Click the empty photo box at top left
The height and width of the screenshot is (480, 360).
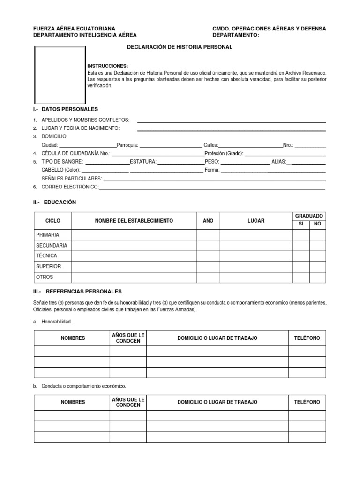click(60, 75)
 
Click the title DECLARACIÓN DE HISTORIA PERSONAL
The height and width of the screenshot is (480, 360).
click(180, 47)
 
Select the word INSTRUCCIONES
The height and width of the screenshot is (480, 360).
click(107, 67)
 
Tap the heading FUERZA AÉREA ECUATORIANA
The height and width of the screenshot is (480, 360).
click(74, 29)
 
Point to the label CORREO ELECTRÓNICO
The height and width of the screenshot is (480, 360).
click(70, 187)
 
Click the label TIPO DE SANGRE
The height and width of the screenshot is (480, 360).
click(62, 162)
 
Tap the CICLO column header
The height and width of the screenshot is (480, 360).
click(52, 221)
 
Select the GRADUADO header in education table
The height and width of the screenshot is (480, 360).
click(309, 216)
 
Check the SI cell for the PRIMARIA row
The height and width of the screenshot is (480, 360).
click(301, 235)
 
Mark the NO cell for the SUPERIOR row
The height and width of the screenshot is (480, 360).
click(317, 267)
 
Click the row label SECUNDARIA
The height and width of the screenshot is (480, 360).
click(52, 246)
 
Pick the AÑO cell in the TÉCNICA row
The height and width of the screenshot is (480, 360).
click(208, 256)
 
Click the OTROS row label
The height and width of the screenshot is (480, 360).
click(45, 277)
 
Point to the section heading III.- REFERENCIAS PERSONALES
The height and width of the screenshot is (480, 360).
click(77, 291)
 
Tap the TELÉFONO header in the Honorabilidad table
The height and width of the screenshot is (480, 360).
click(307, 338)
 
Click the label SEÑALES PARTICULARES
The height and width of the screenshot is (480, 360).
click(72, 179)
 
